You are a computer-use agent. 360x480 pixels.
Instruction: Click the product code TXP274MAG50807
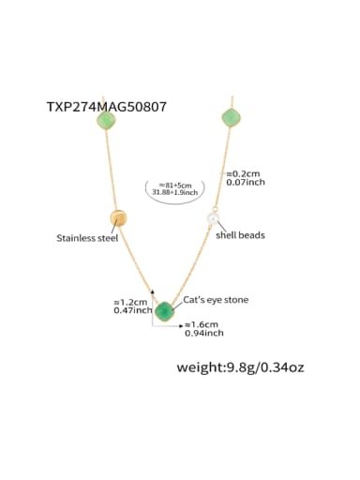[x=106, y=107]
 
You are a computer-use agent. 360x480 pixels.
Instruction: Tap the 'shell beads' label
[x=240, y=234]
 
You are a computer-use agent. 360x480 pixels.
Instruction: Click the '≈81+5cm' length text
[x=175, y=186]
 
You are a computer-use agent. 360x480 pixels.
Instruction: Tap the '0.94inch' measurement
[x=202, y=332]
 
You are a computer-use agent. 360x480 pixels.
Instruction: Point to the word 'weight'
[x=200, y=367]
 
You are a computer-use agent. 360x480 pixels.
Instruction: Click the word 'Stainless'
[x=74, y=239]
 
